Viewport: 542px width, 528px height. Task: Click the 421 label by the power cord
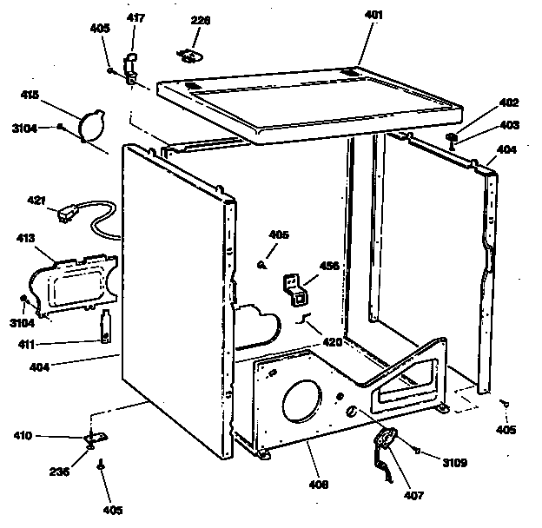pyautogui.click(x=36, y=201)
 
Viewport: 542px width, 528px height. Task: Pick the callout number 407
pyautogui.click(x=413, y=496)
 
